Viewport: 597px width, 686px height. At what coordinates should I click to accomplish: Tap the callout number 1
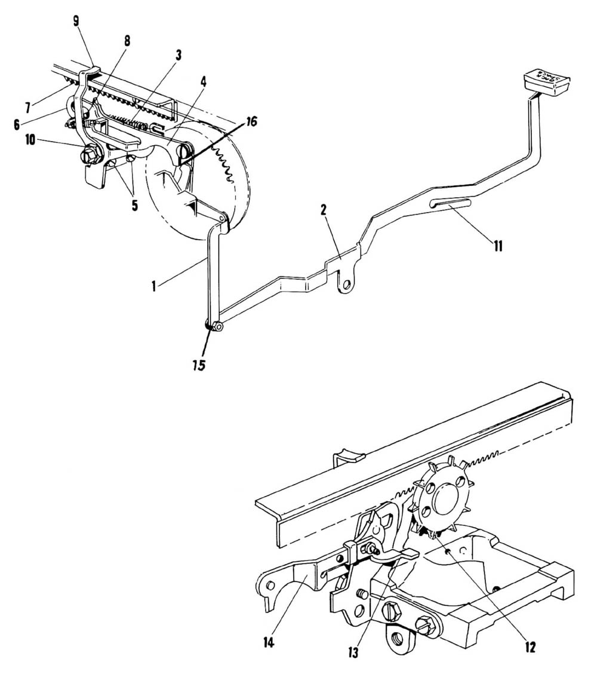(x=154, y=286)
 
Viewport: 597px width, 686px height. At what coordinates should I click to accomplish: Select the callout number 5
(x=134, y=205)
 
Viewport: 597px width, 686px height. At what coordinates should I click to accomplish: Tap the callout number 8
(x=127, y=41)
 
